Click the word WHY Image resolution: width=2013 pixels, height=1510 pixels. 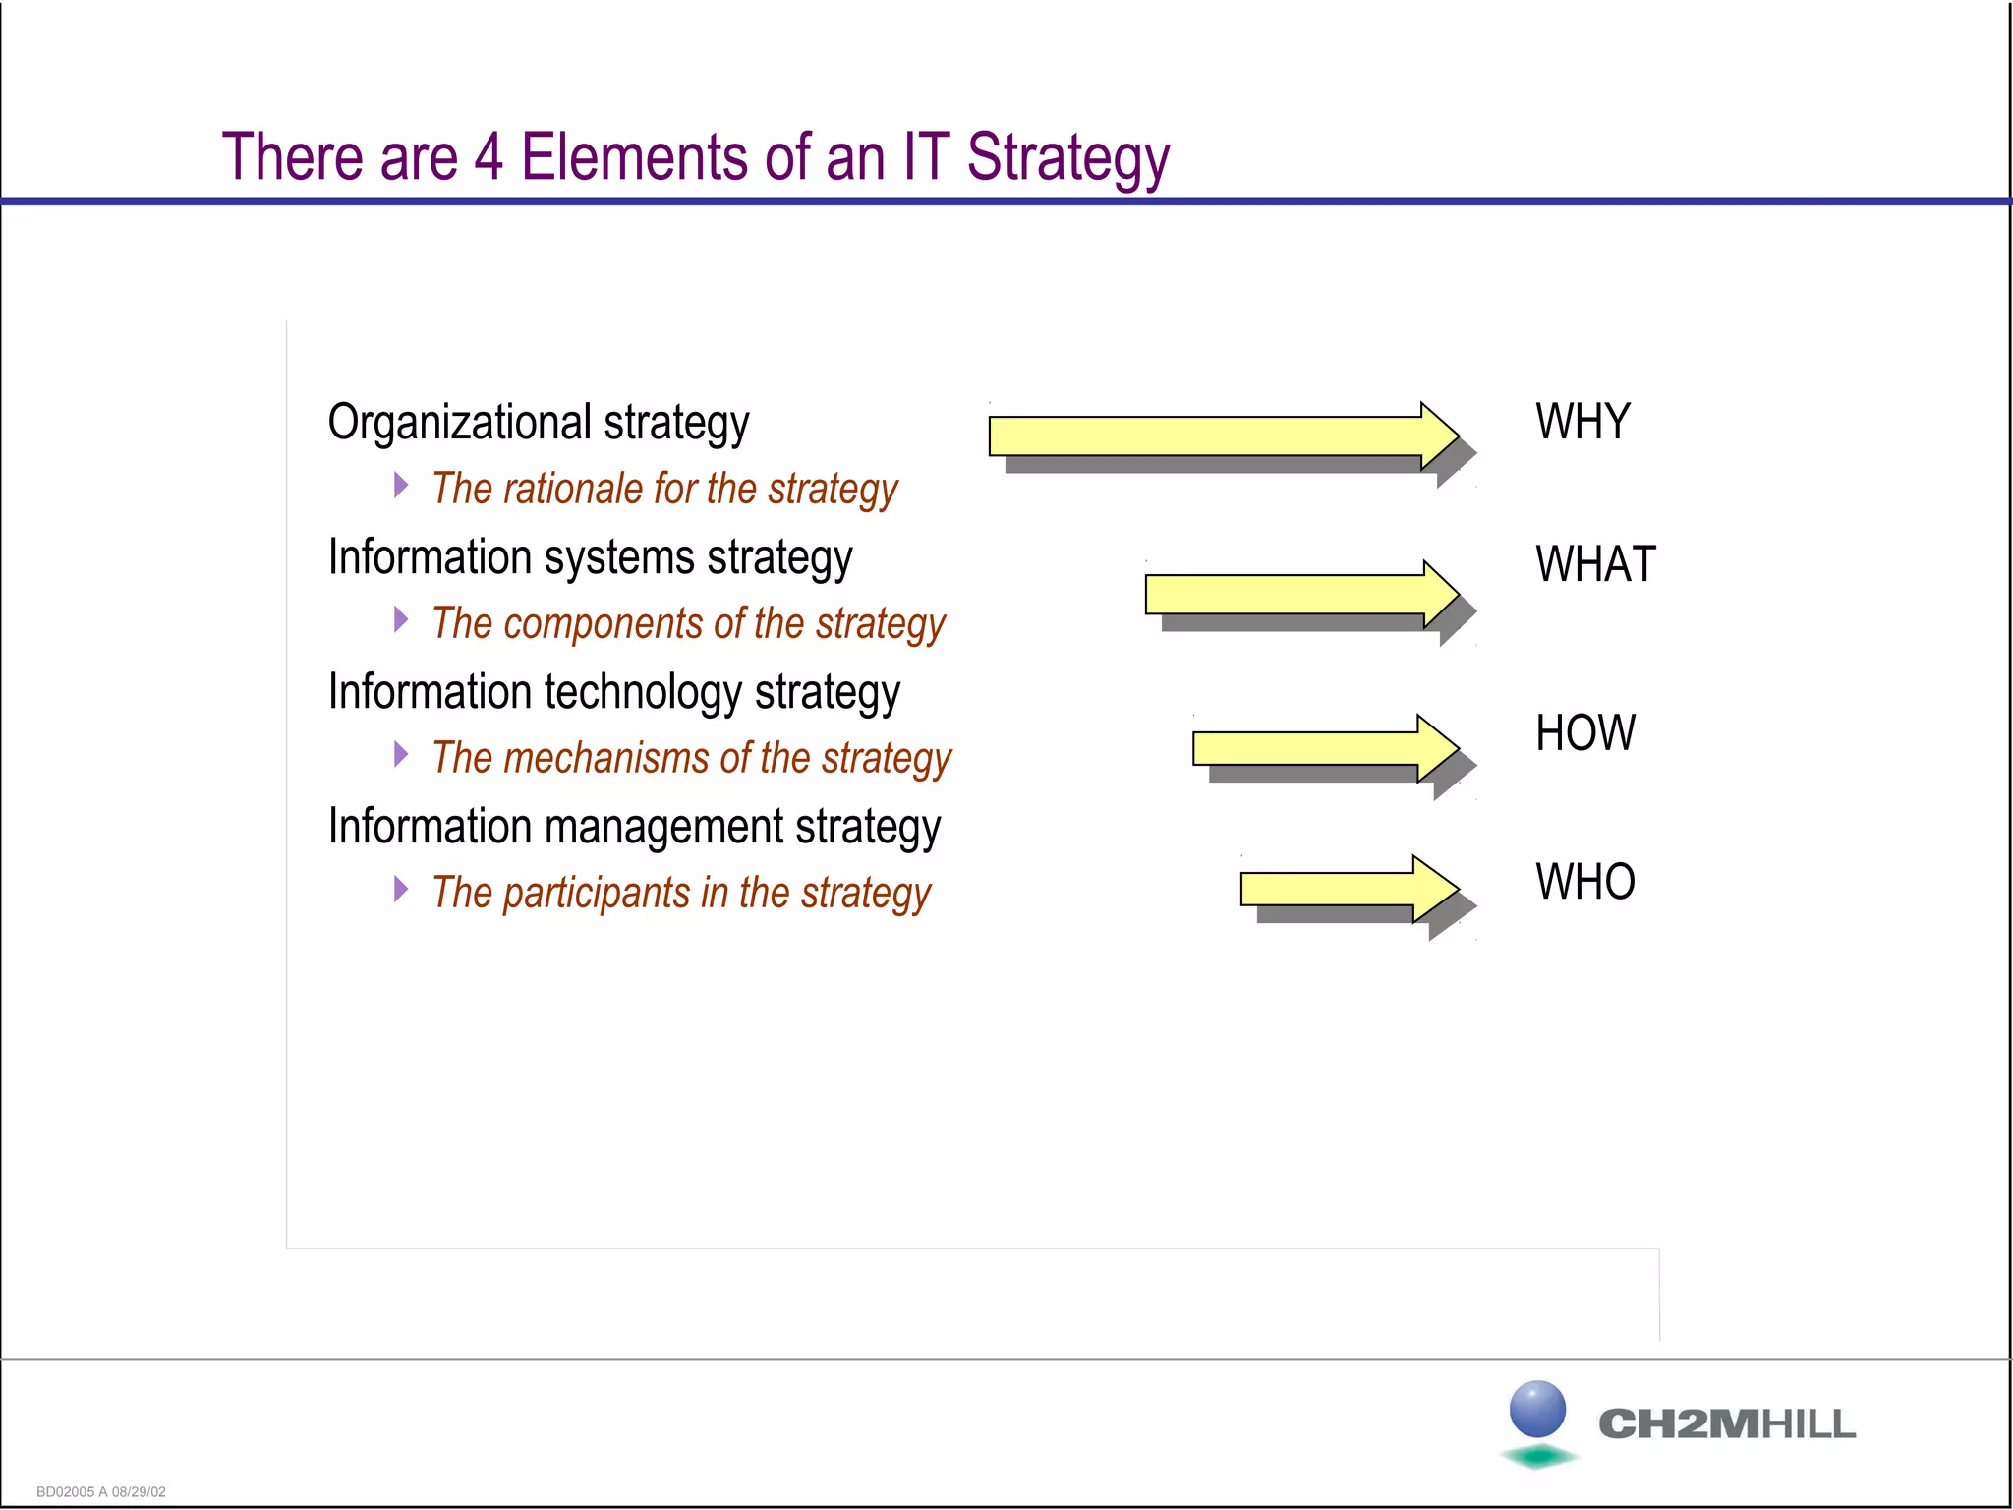click(x=1582, y=422)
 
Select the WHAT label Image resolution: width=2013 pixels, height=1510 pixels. click(x=1595, y=564)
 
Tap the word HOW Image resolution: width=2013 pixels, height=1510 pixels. click(x=1584, y=733)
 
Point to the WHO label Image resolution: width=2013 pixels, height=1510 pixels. click(x=1584, y=882)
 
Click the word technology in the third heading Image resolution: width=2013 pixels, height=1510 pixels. click(x=643, y=692)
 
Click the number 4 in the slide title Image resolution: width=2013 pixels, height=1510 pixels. click(x=489, y=157)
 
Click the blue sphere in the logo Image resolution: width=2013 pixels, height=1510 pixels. click(x=1537, y=1408)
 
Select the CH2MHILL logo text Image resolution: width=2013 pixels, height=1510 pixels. click(x=1727, y=1424)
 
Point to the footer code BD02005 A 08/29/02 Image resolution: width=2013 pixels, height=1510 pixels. click(x=101, y=1491)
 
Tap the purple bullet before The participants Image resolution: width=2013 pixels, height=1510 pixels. click(x=400, y=889)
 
